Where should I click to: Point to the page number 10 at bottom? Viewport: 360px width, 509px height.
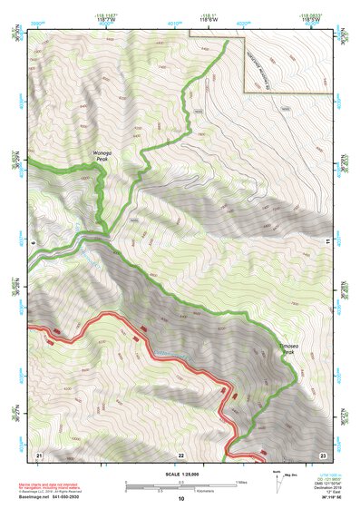point(180,499)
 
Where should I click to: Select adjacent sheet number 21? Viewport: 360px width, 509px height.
point(39,454)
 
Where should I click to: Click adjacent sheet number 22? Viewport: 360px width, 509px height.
point(180,454)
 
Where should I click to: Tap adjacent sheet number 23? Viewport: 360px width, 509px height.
point(322,454)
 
